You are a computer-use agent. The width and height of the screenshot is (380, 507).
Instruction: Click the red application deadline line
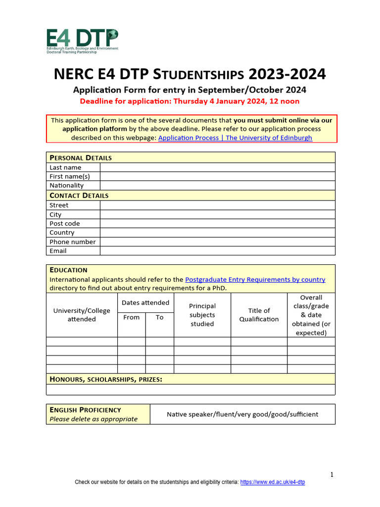point(190,101)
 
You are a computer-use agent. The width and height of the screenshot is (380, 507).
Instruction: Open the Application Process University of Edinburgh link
point(235,138)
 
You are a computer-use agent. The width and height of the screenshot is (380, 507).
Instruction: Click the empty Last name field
point(217,167)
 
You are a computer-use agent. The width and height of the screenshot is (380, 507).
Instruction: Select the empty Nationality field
point(217,186)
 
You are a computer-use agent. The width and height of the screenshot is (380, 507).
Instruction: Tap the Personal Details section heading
point(81,157)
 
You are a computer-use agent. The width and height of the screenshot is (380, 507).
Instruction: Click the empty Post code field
point(217,223)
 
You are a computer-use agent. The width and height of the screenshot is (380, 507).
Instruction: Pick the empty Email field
point(217,251)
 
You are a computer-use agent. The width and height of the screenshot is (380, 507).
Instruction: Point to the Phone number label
point(73,242)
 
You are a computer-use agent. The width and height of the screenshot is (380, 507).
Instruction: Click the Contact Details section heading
point(79,195)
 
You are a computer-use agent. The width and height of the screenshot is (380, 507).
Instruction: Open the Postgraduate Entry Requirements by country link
point(255,279)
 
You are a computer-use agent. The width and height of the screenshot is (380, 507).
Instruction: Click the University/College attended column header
point(82,315)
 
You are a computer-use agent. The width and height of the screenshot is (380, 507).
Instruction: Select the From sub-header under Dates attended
point(131,317)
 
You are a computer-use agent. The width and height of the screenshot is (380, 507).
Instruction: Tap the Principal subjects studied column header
point(202,315)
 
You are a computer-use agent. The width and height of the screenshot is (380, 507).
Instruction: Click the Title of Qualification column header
point(259,315)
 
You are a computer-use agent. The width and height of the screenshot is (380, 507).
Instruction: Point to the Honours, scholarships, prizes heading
point(106,379)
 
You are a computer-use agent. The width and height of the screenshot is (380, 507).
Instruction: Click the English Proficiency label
point(85,409)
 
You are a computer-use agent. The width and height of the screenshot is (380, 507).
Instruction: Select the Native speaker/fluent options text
point(242,414)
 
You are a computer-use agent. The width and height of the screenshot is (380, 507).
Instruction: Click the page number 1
point(332,475)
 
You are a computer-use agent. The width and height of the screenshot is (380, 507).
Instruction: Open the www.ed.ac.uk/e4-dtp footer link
point(273,482)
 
